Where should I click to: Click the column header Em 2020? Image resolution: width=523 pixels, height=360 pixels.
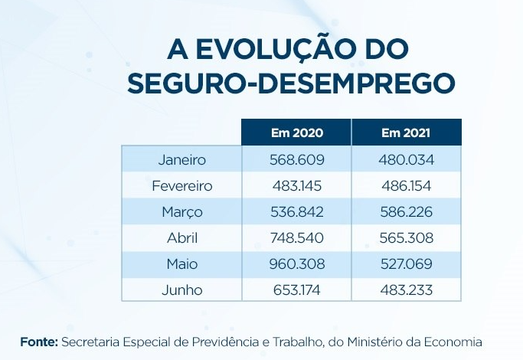click(297, 133)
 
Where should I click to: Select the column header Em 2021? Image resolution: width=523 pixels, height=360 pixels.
click(406, 133)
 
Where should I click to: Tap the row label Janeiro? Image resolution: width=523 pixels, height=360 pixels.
click(182, 160)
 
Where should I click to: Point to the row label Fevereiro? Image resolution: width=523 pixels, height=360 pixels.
click(182, 186)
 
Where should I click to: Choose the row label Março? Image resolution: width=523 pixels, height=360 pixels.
click(182, 212)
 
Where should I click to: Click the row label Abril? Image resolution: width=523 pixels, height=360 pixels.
click(182, 238)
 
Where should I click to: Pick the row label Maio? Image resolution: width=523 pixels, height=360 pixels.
click(182, 264)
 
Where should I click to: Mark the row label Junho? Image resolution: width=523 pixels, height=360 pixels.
click(182, 290)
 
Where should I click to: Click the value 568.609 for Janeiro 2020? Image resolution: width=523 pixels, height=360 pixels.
click(297, 160)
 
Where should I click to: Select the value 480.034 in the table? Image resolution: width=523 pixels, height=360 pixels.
click(406, 160)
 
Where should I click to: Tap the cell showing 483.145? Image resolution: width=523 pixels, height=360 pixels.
click(297, 186)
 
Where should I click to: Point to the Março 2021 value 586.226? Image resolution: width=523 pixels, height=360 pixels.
click(406, 212)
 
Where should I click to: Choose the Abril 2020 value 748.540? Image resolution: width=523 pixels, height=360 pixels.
click(297, 238)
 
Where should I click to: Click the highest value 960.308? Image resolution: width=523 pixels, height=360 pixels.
click(297, 264)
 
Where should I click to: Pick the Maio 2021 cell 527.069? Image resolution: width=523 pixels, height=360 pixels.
click(406, 264)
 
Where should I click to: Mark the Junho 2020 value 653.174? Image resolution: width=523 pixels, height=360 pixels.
click(297, 290)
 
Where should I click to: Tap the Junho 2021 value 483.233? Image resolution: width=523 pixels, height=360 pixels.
click(406, 290)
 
